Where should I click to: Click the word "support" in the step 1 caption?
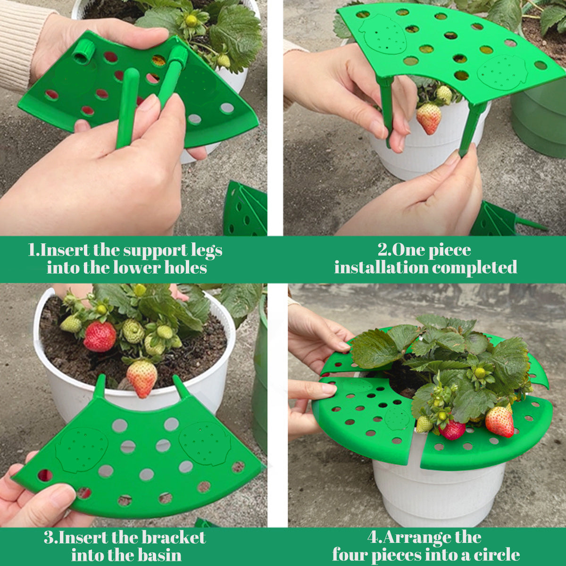pyautogui.click(x=155, y=250)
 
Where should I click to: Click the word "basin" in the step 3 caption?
pyautogui.click(x=159, y=555)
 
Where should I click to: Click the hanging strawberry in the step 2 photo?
pyautogui.click(x=429, y=118)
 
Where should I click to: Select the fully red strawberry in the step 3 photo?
pyautogui.click(x=100, y=336)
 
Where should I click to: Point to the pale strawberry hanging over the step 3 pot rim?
pyautogui.click(x=142, y=378)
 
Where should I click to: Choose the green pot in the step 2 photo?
pyautogui.click(x=540, y=118)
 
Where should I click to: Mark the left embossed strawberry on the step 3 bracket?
pyautogui.click(x=82, y=449)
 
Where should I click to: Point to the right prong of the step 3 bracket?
pyautogui.click(x=181, y=387)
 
